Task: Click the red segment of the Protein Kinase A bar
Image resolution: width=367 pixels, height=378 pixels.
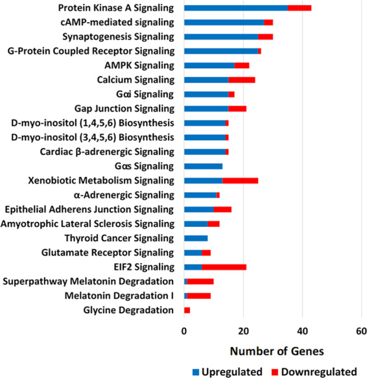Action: [x=300, y=8]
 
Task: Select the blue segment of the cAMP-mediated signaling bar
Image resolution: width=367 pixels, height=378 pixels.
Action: [x=224, y=23]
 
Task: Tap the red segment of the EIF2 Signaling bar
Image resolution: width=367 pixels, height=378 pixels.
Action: [x=224, y=267]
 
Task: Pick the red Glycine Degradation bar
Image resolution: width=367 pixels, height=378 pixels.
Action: [x=187, y=311]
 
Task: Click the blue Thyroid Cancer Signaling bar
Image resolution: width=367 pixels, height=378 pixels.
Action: [x=196, y=239]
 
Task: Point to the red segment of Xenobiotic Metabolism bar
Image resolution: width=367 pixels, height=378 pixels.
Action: [x=241, y=181]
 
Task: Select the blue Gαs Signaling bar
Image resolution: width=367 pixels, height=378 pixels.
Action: [x=203, y=167]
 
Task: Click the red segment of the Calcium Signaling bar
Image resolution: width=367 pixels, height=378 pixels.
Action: [x=242, y=80]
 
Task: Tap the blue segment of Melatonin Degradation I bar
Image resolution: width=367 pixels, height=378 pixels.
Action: [x=185, y=296]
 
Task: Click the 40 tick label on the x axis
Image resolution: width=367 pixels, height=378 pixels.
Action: [x=302, y=331]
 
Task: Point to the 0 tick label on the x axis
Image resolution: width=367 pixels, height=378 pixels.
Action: [x=184, y=331]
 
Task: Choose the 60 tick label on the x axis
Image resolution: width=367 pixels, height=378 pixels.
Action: [x=361, y=331]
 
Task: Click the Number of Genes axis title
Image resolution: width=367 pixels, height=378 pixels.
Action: [x=277, y=351]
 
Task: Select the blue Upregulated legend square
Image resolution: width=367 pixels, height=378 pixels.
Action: [x=196, y=372]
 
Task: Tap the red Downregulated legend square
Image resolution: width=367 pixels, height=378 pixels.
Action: [x=275, y=372]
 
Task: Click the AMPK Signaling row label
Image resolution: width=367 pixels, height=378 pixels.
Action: [x=139, y=65]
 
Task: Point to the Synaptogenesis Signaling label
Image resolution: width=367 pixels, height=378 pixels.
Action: [x=119, y=37]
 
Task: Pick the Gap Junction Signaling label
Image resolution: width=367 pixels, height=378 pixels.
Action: [x=124, y=109]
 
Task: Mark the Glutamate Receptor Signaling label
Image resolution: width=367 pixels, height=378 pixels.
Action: [x=108, y=253]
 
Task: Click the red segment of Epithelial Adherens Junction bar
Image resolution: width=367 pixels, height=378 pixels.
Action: [x=222, y=209]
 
